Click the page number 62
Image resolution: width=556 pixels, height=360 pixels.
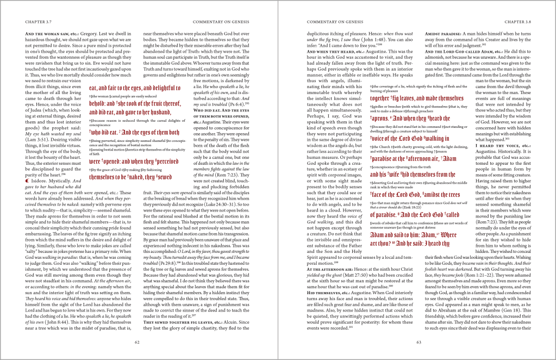[x=138, y=342]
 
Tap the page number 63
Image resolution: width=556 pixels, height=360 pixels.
[x=418, y=342]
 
